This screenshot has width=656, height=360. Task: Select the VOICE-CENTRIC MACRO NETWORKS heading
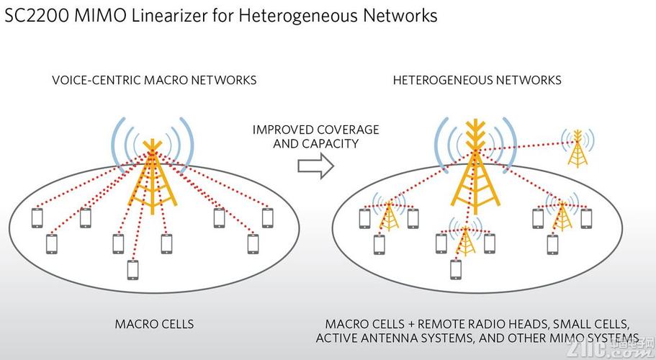pyautogui.click(x=154, y=80)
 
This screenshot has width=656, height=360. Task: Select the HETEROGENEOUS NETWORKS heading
pyautogui.click(x=477, y=80)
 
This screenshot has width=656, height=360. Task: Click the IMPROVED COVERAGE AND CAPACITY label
pyautogui.click(x=315, y=136)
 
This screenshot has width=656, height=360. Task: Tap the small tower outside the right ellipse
pyautogui.click(x=577, y=149)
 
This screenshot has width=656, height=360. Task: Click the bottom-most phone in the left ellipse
pyautogui.click(x=132, y=269)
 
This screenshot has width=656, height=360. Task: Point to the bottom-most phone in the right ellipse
pyautogui.click(x=455, y=269)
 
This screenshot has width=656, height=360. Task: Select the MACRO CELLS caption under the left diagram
pyautogui.click(x=154, y=324)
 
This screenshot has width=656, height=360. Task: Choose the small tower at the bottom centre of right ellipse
pyautogui.click(x=466, y=243)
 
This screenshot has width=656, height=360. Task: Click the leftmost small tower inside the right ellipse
pyautogui.click(x=390, y=214)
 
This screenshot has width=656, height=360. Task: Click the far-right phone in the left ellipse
pyautogui.click(x=268, y=217)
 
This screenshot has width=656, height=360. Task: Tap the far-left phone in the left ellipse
pyautogui.click(x=38, y=217)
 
